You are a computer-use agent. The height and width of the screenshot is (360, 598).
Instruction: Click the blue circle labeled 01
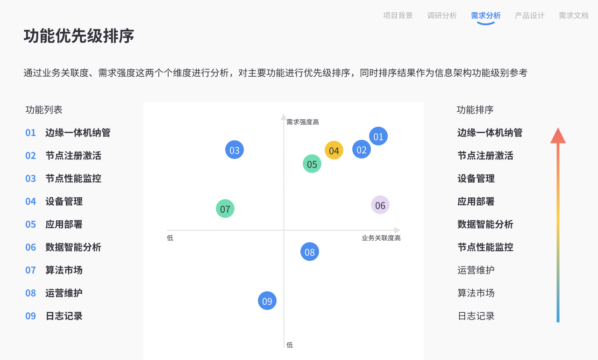[378, 136]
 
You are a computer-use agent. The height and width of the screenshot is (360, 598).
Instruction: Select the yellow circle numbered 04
[334, 151]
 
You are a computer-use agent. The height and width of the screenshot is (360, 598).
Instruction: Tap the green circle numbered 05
[312, 164]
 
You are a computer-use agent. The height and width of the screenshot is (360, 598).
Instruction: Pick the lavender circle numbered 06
[380, 205]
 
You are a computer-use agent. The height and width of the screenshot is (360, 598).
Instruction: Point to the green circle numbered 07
[225, 209]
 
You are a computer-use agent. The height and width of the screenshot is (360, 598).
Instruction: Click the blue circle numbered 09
[267, 301]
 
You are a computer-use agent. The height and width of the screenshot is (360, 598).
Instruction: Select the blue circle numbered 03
[235, 150]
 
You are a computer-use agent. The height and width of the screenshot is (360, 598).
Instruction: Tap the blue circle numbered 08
[310, 252]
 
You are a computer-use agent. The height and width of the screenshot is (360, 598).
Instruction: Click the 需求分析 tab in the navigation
[486, 15]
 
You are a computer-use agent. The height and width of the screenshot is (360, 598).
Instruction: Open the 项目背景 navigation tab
[398, 15]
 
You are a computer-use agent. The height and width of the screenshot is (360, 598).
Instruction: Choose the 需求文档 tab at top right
[574, 15]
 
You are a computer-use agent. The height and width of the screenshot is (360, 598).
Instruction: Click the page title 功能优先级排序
[79, 36]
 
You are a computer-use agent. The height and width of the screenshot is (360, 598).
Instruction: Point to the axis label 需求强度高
[303, 122]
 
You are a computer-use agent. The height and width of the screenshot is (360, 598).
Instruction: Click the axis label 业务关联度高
[381, 238]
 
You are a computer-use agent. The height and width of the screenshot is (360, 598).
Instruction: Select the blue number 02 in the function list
[30, 156]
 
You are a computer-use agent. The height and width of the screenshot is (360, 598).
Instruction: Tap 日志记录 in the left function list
[64, 316]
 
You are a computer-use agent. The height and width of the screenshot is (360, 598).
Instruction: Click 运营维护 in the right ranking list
[476, 270]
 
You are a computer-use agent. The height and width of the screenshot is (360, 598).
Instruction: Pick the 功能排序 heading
[475, 110]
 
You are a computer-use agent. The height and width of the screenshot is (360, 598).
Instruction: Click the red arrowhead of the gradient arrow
[558, 136]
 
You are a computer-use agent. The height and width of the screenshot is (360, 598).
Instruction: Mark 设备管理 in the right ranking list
[476, 179]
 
